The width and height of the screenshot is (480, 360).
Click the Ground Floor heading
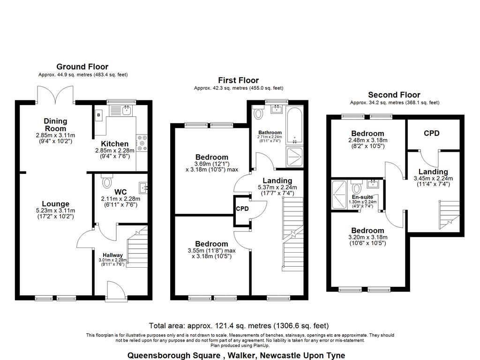pos(82,67)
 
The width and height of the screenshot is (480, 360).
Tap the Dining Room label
pos(55,125)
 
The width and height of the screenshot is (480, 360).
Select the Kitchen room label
pos(116,144)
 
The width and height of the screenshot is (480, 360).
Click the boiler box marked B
pos(98,114)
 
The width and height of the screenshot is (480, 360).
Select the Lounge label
pos(55,204)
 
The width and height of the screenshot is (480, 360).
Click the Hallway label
pos(110,255)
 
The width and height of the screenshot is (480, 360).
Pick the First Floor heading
pos(239,80)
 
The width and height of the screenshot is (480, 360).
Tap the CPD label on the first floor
pos(242,208)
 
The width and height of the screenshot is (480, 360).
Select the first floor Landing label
pos(277,180)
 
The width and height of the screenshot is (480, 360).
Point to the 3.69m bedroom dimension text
pos(211,164)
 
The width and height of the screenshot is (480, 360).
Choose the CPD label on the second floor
pos(431,133)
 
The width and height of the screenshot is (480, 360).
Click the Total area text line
pos(239,325)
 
